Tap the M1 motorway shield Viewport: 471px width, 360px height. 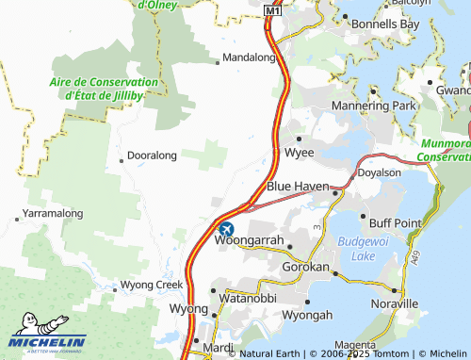[x=272, y=10]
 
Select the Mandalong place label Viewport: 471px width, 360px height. [x=252, y=57]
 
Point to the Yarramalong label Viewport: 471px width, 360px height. [x=54, y=214]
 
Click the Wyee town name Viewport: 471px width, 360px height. [x=301, y=151]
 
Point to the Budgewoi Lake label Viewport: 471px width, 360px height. [x=359, y=249]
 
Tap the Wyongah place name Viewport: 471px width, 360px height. [x=309, y=315]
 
